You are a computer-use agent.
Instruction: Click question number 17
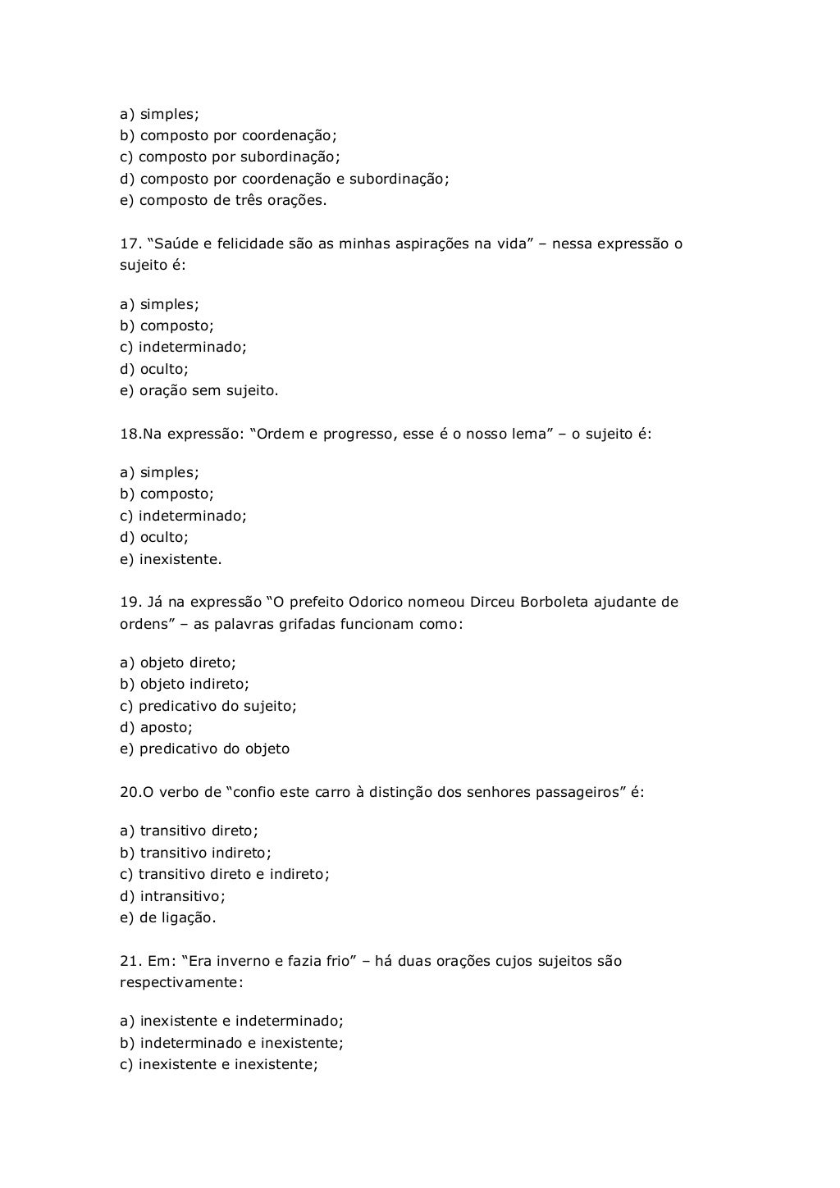[130, 244]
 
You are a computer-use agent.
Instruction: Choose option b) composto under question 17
[167, 325]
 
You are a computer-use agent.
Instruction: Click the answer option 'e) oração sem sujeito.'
[199, 390]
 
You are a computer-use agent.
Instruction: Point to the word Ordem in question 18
[281, 434]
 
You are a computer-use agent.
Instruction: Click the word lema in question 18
[529, 434]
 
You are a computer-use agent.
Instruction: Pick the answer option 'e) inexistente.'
[171, 559]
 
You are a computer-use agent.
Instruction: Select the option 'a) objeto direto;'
[178, 662]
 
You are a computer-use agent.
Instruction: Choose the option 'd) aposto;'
[156, 727]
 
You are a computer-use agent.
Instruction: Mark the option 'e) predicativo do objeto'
[204, 749]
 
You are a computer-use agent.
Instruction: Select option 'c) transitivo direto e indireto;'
[225, 874]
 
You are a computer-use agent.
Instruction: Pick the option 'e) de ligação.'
[168, 917]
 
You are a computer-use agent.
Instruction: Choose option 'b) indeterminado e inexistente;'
[231, 1043]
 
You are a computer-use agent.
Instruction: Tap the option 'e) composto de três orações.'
[223, 200]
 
